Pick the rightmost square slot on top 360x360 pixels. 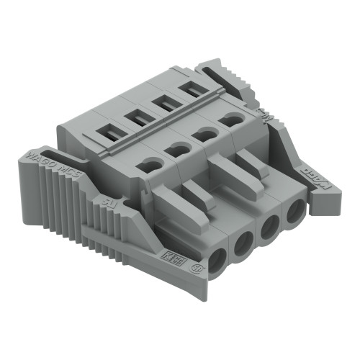(191, 89)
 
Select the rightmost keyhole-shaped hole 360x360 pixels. (232, 120)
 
